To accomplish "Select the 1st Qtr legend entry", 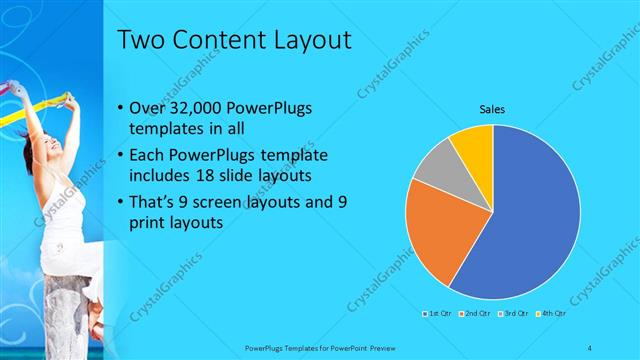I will [438, 314].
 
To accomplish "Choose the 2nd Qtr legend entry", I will [475, 314].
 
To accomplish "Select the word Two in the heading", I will [140, 41].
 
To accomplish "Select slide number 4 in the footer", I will [589, 347].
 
